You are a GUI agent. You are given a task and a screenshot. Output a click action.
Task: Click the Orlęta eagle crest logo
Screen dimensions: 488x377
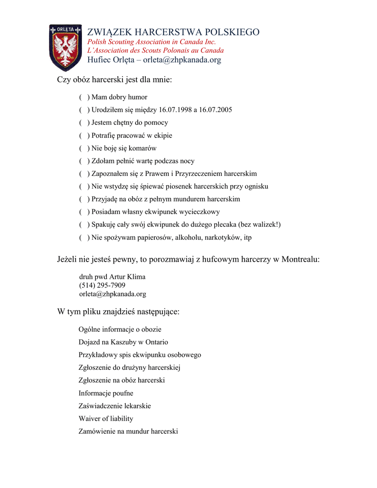pyautogui.click(x=66, y=47)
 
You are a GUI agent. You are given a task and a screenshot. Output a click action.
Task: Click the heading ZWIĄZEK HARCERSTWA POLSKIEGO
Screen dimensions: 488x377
pyautogui.click(x=173, y=32)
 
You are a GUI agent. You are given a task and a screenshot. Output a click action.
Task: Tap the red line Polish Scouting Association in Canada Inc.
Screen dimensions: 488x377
pyautogui.click(x=151, y=42)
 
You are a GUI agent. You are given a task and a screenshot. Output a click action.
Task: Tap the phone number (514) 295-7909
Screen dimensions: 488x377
pyautogui.click(x=102, y=285)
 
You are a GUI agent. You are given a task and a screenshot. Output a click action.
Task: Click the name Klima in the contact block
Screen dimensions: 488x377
pyautogui.click(x=136, y=277)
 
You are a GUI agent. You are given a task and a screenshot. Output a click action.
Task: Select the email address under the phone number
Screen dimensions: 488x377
pyautogui.click(x=112, y=294)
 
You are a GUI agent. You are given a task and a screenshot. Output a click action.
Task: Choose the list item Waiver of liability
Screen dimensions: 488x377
pyautogui.click(x=106, y=419)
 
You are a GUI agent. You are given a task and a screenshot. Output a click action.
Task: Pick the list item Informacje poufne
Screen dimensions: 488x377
pyautogui.click(x=106, y=394)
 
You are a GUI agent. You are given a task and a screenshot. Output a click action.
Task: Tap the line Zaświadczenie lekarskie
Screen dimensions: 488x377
pyautogui.click(x=115, y=406)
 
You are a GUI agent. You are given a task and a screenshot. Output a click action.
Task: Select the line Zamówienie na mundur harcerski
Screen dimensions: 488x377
pyautogui.click(x=128, y=432)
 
